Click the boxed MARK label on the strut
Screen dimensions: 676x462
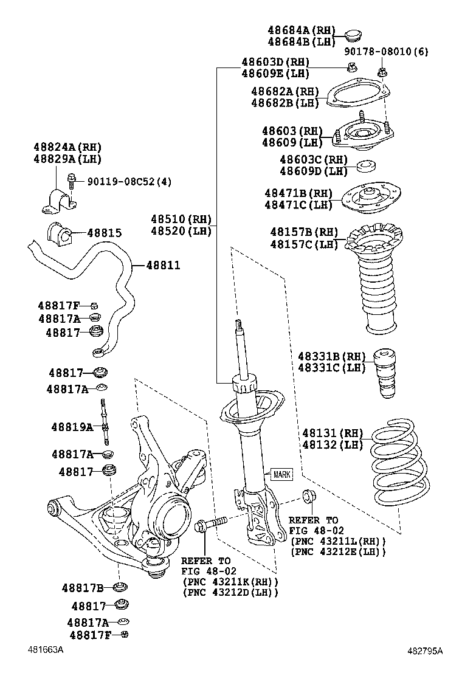281,474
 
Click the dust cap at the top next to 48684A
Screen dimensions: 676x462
352,35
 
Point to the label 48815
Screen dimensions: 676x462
104,233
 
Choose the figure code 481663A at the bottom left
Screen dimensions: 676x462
44,650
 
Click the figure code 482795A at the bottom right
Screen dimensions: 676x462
425,651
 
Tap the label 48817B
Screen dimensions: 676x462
83,588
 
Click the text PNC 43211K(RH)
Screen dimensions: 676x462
229,582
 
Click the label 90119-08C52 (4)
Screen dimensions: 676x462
129,181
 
